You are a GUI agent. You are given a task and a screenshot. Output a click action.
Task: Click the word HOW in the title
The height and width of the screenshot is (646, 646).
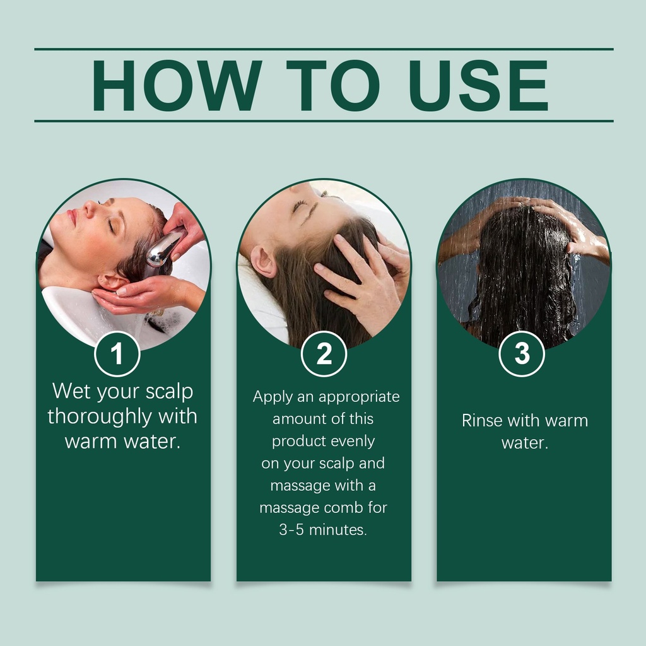177,85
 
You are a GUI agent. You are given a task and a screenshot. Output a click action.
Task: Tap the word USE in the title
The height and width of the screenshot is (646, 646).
478,85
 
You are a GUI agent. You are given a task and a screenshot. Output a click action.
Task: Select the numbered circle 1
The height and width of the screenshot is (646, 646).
117,354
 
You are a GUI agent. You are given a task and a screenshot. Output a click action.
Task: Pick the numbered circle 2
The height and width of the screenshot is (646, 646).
324,354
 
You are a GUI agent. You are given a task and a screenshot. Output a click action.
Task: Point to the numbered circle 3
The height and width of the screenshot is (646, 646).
522,354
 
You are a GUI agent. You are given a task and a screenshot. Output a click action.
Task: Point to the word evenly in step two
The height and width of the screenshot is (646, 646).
353,442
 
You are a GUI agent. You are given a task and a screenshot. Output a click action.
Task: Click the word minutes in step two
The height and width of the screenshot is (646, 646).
338,530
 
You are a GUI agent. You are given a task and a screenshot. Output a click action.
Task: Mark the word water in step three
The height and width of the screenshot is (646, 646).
524,443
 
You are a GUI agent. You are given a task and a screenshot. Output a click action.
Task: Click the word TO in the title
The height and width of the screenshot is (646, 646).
333,85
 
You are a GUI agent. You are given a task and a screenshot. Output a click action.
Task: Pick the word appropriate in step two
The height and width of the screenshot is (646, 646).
359,397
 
